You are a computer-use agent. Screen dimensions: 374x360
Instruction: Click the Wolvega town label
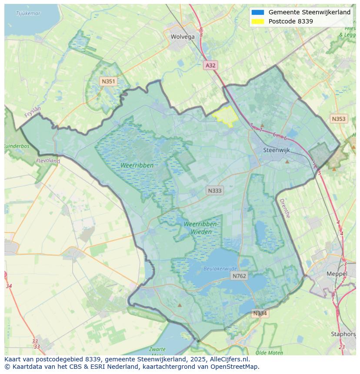pyautogui.click(x=183, y=37)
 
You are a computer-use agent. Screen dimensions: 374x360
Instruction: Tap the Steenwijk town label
pyautogui.click(x=277, y=150)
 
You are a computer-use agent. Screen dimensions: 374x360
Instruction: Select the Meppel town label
pyautogui.click(x=337, y=274)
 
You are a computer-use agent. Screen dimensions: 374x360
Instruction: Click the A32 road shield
pyautogui.click(x=210, y=65)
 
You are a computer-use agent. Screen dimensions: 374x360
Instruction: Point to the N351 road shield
pyautogui.click(x=108, y=81)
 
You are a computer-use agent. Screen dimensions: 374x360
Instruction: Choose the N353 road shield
pyautogui.click(x=339, y=119)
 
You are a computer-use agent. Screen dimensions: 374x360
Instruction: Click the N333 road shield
pyautogui.click(x=214, y=190)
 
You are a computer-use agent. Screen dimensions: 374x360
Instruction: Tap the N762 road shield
pyautogui.click(x=239, y=276)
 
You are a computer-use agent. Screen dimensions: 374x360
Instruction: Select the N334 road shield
pyautogui.click(x=260, y=313)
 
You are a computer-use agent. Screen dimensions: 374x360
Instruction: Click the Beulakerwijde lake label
pyautogui.click(x=220, y=269)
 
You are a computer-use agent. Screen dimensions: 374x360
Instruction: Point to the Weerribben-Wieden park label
pyautogui.click(x=201, y=228)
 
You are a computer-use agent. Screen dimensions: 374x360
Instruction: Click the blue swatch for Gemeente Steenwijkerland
pyautogui.click(x=257, y=13)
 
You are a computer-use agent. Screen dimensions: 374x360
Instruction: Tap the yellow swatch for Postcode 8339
pyautogui.click(x=257, y=21)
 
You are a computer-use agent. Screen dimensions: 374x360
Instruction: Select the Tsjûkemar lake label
pyautogui.click(x=28, y=13)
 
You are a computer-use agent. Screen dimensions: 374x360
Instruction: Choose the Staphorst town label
pyautogui.click(x=343, y=334)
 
